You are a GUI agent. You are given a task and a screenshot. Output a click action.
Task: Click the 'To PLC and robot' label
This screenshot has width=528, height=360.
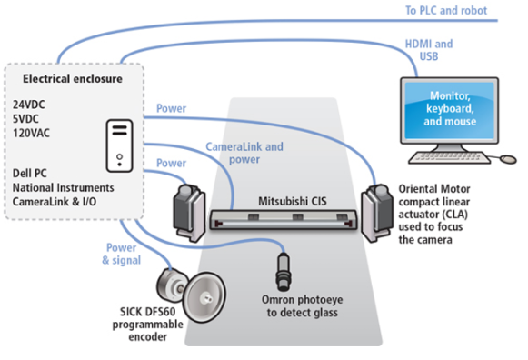[446, 10]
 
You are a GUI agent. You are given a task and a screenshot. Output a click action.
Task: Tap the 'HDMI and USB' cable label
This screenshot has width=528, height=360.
[429, 50]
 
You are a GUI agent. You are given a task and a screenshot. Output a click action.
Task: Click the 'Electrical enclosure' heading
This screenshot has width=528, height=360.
[73, 78]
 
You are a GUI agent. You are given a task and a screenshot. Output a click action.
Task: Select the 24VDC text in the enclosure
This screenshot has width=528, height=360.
[28, 105]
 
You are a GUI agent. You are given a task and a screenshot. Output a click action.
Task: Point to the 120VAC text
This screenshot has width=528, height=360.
[31, 133]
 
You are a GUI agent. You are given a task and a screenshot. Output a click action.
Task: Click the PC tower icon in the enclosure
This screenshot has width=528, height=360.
[120, 145]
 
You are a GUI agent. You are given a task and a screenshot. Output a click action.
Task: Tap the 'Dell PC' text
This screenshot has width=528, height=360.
[30, 173]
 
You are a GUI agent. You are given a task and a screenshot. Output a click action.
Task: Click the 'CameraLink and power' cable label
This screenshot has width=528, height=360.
[244, 153]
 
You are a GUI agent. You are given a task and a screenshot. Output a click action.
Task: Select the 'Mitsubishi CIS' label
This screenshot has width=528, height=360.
[293, 201]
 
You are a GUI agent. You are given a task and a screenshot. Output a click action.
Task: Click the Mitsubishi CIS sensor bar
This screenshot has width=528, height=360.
[284, 220]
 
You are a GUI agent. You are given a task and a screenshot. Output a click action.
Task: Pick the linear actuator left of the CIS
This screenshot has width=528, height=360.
[189, 213]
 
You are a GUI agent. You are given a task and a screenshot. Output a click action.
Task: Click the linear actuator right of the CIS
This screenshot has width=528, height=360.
[377, 213]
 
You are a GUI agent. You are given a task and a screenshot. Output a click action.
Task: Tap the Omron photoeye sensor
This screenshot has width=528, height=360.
[284, 272]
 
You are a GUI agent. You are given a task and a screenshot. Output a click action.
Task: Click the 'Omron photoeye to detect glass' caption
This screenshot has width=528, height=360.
[303, 306]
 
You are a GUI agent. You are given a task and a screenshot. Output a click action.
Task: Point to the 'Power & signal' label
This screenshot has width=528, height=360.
[122, 254]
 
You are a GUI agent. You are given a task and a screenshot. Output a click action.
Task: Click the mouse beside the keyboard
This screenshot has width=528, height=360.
[508, 159]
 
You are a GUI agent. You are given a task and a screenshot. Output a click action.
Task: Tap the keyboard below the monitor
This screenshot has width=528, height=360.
[450, 157]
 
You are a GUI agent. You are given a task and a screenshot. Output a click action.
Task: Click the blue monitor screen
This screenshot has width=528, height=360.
[450, 111]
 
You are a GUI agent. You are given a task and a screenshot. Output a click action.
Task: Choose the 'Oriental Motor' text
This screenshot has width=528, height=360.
[434, 189]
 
